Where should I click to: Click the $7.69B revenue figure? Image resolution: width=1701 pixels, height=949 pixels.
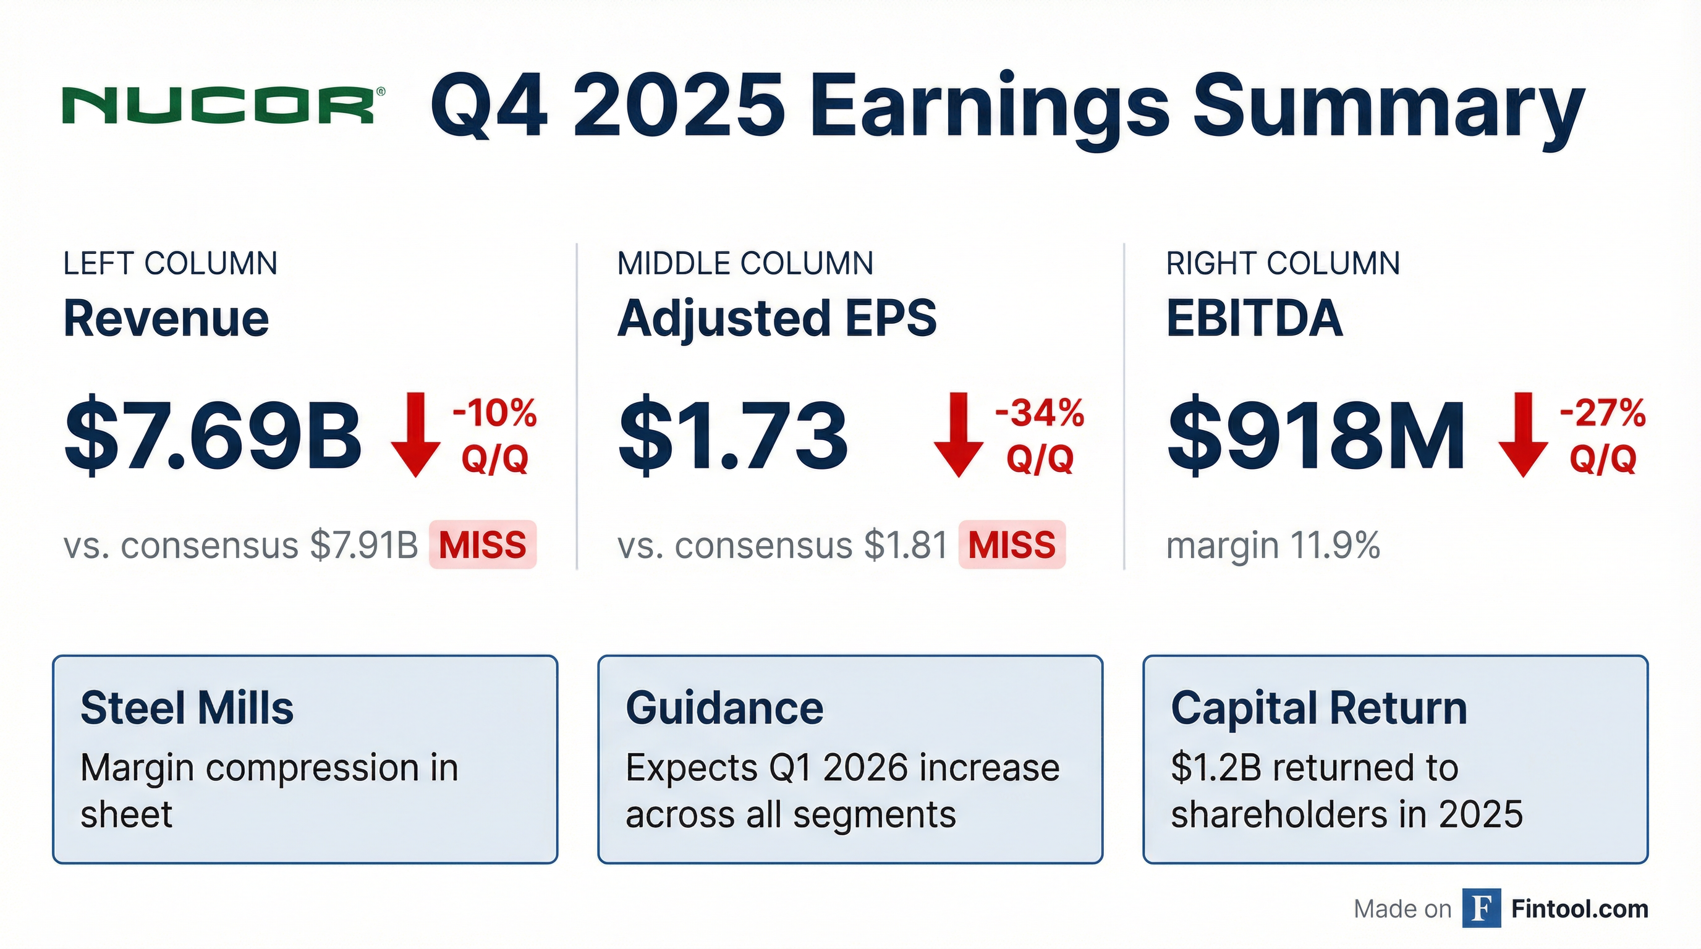click(x=213, y=436)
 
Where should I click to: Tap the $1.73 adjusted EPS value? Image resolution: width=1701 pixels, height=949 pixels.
click(x=733, y=436)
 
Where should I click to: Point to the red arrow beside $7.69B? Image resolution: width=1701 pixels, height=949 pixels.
click(x=415, y=434)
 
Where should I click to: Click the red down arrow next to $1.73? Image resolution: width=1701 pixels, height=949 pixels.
click(x=958, y=434)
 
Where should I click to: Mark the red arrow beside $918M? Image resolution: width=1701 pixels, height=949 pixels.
click(x=1523, y=434)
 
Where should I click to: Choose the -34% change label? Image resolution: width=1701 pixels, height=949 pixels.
click(x=1040, y=413)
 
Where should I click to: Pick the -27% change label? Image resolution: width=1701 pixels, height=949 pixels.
click(x=1603, y=413)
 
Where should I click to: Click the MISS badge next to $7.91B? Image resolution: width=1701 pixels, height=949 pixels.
click(x=483, y=545)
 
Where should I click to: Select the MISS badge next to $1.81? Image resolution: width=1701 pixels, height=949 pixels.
click(x=1012, y=545)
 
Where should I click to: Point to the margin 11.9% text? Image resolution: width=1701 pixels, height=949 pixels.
click(x=1273, y=546)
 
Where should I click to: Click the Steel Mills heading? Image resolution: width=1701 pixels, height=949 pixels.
click(x=187, y=708)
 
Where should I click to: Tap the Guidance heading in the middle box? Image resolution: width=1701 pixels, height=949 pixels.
click(x=724, y=708)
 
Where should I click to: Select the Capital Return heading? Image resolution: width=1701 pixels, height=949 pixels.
click(x=1318, y=708)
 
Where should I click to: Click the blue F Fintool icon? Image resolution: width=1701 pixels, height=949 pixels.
click(x=1481, y=909)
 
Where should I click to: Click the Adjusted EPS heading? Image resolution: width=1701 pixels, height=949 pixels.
click(x=777, y=318)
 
